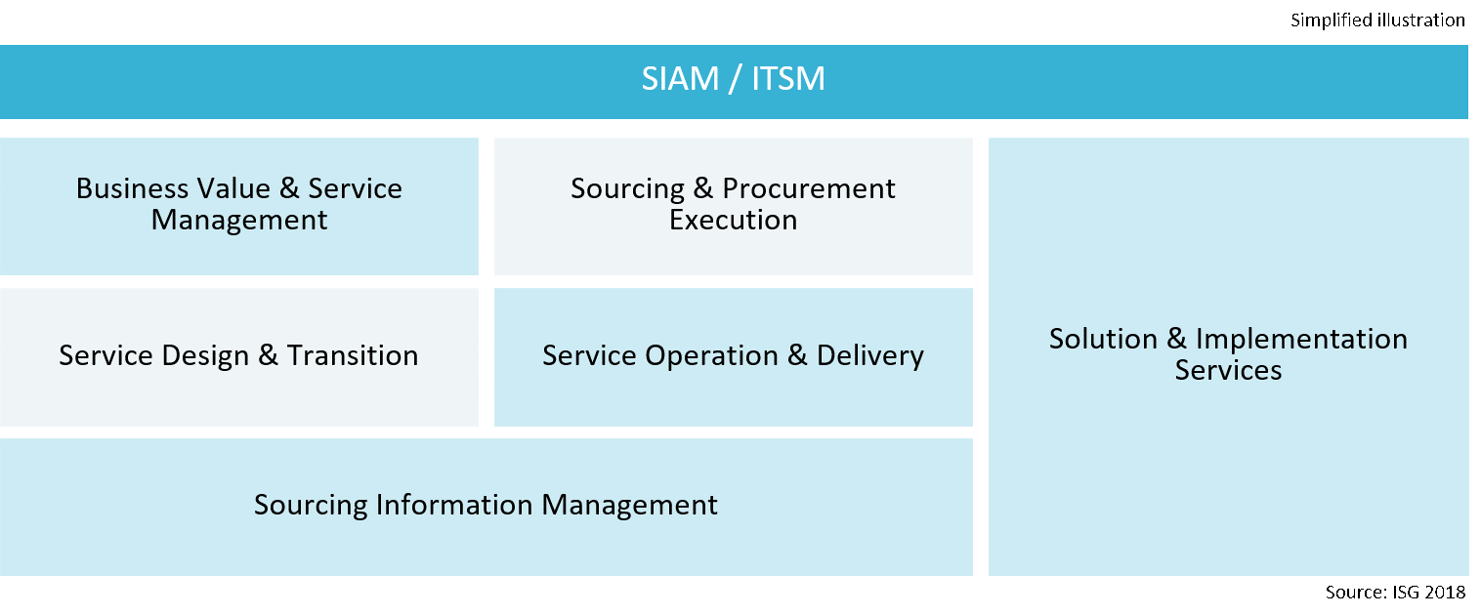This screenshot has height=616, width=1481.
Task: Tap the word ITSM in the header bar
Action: (788, 79)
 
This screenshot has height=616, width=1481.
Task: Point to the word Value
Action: (229, 188)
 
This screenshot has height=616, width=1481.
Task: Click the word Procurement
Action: (809, 188)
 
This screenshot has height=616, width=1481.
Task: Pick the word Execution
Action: (733, 220)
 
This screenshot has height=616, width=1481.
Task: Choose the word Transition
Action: (353, 355)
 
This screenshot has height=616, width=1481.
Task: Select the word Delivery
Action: (869, 355)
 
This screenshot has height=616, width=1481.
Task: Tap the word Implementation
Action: (1301, 340)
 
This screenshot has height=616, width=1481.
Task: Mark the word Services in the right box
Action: (1228, 371)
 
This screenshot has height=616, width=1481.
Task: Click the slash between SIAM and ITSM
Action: (733, 79)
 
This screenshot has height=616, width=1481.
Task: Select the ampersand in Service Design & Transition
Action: (269, 355)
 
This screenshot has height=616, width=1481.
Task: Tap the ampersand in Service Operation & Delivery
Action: (797, 355)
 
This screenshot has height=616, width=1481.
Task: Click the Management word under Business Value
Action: (239, 220)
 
